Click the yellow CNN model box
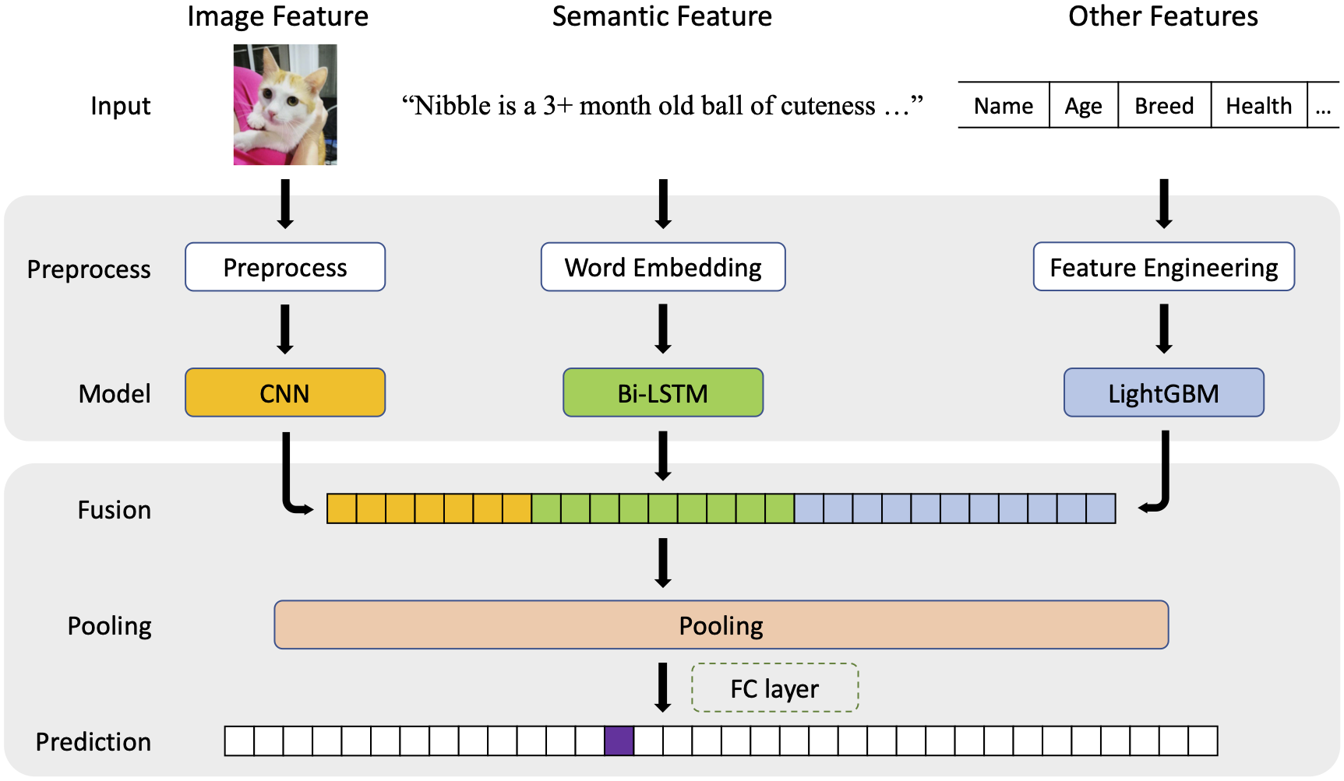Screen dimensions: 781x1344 point(285,392)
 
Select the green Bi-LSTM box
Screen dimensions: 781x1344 point(663,392)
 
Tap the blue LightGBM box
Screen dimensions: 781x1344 point(1163,392)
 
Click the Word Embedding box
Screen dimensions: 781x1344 point(663,267)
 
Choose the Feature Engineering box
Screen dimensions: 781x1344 point(1163,267)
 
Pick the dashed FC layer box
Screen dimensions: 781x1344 point(774,688)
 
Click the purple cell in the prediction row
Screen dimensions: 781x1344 point(619,741)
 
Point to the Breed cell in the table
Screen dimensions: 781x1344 point(1164,105)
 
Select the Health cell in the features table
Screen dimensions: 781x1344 point(1258,105)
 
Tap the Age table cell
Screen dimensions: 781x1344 point(1083,105)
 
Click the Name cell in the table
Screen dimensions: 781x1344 point(1004,105)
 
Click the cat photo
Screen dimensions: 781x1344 point(285,104)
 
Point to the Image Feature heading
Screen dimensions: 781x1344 point(277,16)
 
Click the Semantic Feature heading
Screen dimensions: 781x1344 point(661,16)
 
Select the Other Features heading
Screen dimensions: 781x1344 point(1162,16)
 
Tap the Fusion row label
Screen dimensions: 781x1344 point(115,510)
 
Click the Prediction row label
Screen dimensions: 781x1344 point(93,742)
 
